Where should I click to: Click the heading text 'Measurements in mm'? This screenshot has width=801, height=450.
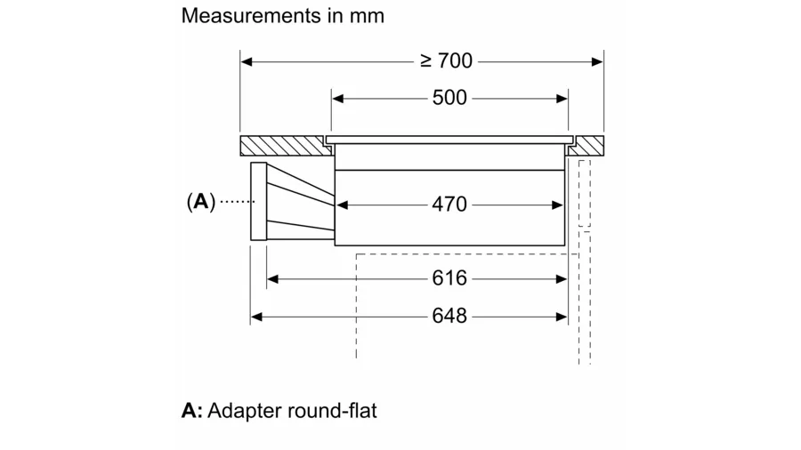click(x=282, y=16)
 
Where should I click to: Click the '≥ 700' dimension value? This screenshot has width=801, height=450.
click(x=447, y=61)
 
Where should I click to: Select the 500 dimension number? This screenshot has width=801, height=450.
click(x=449, y=98)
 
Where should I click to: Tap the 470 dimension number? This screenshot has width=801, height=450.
click(x=449, y=205)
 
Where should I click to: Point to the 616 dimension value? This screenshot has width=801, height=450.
click(x=449, y=278)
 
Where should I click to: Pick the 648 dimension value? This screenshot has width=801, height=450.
click(x=449, y=316)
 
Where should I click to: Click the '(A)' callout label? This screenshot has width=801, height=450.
click(x=201, y=202)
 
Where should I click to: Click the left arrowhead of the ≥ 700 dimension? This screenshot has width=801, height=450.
click(x=247, y=61)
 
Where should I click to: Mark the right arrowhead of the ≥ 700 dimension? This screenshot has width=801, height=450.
click(x=598, y=61)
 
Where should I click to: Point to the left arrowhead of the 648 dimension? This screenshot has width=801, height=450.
click(x=256, y=316)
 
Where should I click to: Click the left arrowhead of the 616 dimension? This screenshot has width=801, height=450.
click(x=273, y=278)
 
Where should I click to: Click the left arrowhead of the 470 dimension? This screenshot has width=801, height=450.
click(x=342, y=205)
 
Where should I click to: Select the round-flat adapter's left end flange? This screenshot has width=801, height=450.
click(x=259, y=202)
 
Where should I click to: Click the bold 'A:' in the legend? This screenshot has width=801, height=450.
click(x=191, y=411)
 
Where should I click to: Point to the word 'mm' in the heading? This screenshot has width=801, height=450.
click(x=368, y=16)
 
